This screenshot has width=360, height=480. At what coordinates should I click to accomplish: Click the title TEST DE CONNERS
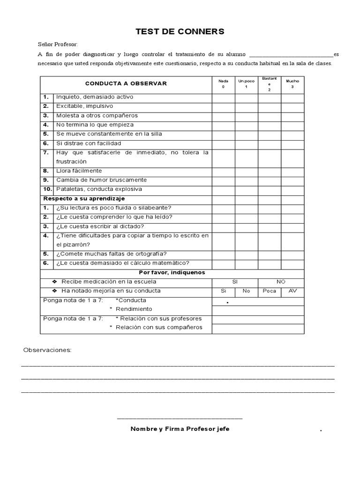pos(180,32)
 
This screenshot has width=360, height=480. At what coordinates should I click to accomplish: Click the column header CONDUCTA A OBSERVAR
pos(126,83)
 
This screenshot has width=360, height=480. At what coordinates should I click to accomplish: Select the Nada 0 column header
pos(223,84)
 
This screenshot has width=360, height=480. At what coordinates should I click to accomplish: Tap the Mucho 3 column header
pos(292,84)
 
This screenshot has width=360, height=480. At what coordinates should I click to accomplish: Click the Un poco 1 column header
pos(246,84)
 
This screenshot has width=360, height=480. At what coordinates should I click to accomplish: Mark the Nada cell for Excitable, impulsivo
pos(223,106)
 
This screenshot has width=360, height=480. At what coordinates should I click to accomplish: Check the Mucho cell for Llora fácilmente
pos(292,171)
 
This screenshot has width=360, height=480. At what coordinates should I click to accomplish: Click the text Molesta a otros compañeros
pos(97,116)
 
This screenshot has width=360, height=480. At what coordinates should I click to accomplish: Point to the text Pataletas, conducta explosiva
pos(99,189)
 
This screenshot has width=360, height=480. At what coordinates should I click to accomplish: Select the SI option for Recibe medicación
pos(235,282)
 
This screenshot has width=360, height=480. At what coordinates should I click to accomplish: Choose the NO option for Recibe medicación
pos(281,282)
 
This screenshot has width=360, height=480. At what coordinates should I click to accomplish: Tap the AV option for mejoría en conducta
pos(292,291)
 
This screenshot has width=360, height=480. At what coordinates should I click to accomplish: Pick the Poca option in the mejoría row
pos(269,291)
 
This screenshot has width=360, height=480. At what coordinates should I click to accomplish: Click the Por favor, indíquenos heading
pos(172,272)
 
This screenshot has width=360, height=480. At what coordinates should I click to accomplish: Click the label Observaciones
pos(47,350)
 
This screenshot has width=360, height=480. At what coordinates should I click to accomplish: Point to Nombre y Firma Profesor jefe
pos(180,429)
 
